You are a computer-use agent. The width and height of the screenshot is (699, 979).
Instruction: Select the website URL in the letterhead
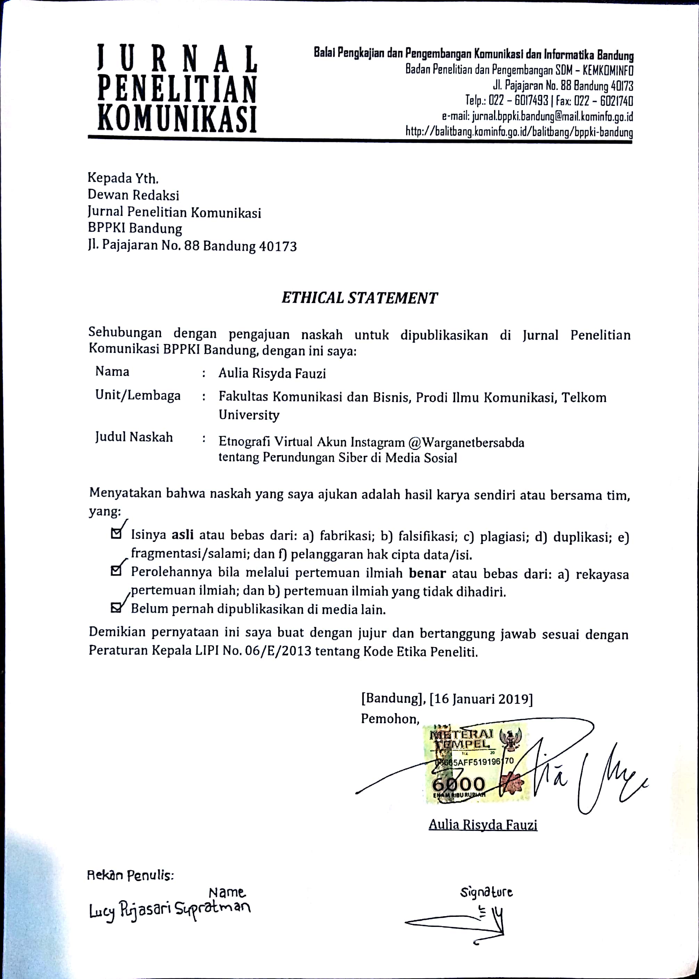coord(519,132)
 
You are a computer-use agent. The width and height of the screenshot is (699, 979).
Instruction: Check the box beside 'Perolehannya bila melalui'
coord(116,571)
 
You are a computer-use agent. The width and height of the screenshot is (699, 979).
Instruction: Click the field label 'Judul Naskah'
coord(134,437)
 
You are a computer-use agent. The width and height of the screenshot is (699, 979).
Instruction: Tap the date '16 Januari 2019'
coord(481,698)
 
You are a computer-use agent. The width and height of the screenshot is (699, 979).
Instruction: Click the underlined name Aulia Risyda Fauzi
coord(483,825)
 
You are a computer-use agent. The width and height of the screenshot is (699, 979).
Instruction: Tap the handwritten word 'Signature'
coord(486,892)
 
